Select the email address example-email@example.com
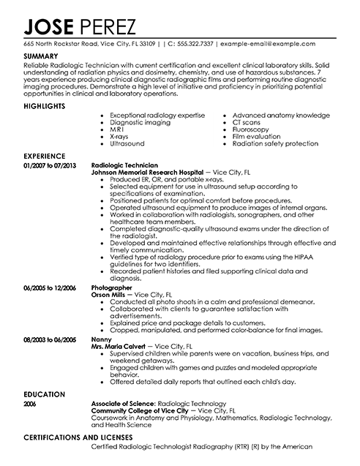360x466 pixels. click(282, 43)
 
